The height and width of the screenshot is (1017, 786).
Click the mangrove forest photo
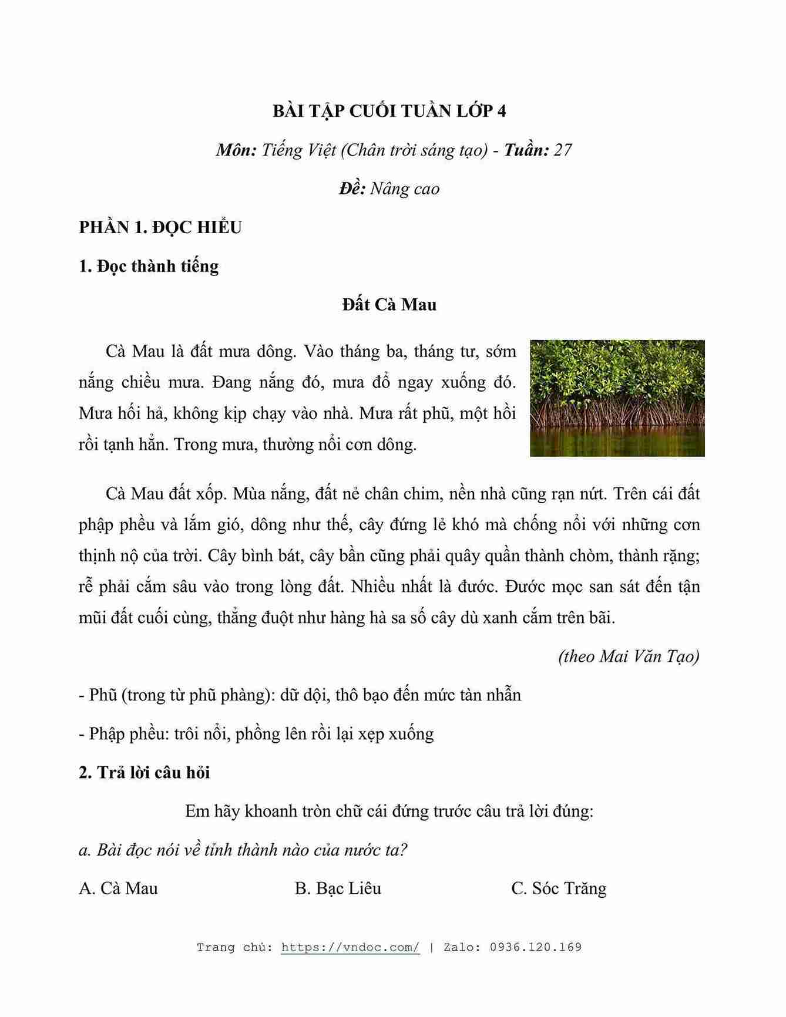[x=617, y=398]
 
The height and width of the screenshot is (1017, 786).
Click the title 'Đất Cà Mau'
[x=389, y=305]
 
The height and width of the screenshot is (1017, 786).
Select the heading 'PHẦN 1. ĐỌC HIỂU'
[x=160, y=227]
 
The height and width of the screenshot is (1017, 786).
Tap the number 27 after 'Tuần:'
[x=563, y=150]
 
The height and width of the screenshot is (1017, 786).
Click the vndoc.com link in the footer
[x=350, y=947]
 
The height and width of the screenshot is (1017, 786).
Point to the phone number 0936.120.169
[x=535, y=947]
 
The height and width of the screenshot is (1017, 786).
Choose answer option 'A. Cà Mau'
[x=119, y=888]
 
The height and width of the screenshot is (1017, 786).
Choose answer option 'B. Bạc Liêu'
[x=338, y=888]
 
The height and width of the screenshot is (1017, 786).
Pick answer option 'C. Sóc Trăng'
[x=559, y=888]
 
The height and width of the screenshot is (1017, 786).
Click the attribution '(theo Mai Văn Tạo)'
[x=629, y=656]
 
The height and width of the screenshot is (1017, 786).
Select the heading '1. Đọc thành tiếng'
[x=149, y=266]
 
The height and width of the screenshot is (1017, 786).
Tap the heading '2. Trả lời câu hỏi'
[x=145, y=772]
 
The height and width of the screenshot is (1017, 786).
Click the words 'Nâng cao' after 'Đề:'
[x=405, y=189]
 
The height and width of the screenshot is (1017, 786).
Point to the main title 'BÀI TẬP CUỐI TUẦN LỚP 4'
[x=389, y=111]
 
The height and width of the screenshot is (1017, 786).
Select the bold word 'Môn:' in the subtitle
[x=236, y=150]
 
